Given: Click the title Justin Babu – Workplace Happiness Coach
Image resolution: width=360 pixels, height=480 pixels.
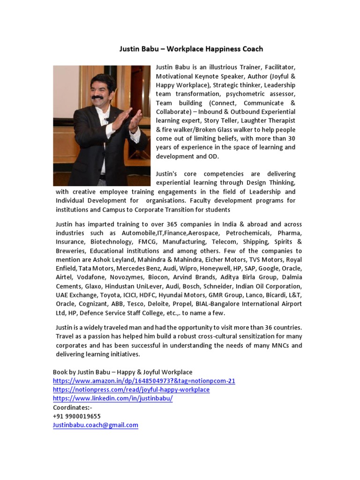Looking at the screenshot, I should [191, 49].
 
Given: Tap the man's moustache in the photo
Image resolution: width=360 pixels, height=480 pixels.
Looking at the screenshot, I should [97, 97].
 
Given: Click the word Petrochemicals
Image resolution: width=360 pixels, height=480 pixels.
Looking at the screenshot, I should [247, 233].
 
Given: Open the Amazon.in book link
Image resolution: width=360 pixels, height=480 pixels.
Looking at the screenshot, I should [144, 381].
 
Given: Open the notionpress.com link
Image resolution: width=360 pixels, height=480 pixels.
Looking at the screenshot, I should [131, 390].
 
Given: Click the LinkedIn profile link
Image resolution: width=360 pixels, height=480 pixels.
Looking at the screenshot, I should [113, 398].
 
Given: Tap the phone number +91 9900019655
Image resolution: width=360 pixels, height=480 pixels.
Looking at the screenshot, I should [77, 416].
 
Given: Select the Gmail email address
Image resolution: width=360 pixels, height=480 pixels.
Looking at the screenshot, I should [96, 425].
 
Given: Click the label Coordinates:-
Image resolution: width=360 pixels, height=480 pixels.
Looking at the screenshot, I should [73, 407].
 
